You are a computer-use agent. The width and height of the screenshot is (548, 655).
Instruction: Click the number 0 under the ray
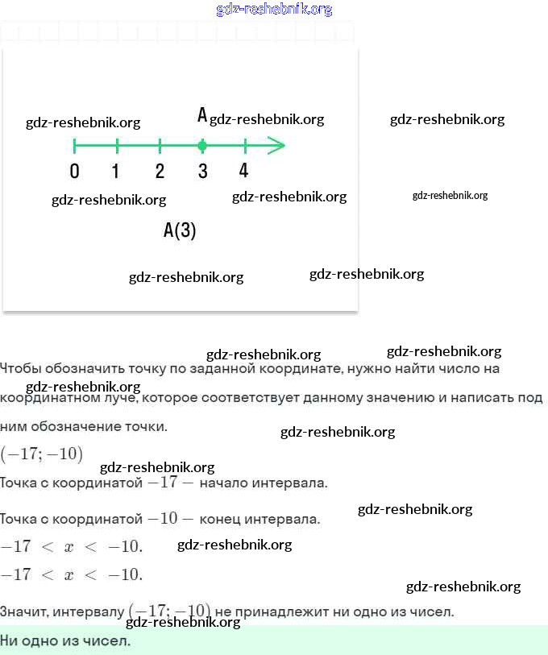click(x=74, y=171)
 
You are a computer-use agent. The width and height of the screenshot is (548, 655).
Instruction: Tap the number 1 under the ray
click(x=116, y=171)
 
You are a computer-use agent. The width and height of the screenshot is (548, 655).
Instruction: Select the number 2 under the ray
click(x=160, y=171)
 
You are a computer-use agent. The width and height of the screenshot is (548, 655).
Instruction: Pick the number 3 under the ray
click(x=202, y=171)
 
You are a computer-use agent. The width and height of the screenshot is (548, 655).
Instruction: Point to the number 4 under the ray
click(x=244, y=170)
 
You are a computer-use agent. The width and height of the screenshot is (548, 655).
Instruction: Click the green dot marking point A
click(x=202, y=146)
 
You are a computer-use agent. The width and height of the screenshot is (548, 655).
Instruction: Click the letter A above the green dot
click(x=202, y=115)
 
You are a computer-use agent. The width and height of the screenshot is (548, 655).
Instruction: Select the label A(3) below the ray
click(x=180, y=230)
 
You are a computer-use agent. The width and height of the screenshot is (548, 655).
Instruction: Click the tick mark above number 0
click(x=74, y=146)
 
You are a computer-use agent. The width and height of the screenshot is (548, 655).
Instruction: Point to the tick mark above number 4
click(x=245, y=146)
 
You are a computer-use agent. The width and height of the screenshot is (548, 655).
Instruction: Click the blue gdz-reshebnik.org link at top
click(x=274, y=10)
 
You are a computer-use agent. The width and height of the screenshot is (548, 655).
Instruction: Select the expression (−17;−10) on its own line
click(x=41, y=454)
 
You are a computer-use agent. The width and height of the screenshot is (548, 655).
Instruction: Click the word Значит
click(x=23, y=612)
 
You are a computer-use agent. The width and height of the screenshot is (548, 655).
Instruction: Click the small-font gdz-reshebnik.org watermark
click(x=450, y=195)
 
